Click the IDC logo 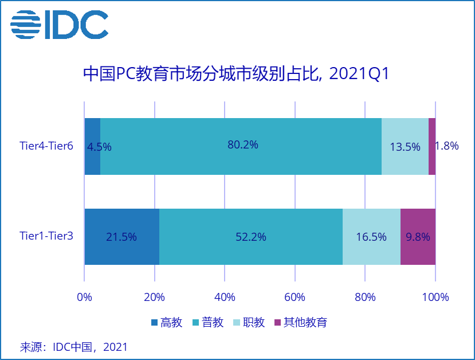tap(59, 25)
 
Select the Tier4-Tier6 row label tap(46, 146)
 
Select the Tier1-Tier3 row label tap(46, 236)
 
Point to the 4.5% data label tap(99, 147)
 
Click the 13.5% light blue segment tap(405, 146)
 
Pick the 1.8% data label tap(447, 146)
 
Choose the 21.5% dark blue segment tap(121, 236)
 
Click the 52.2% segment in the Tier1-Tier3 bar tap(251, 236)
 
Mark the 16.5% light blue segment tap(371, 236)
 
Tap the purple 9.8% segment tap(418, 236)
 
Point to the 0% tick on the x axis tap(84, 298)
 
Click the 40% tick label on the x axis tap(225, 298)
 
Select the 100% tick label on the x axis tap(435, 298)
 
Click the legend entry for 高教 tap(166, 322)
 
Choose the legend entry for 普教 tap(207, 322)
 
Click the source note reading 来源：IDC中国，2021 tap(73, 347)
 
